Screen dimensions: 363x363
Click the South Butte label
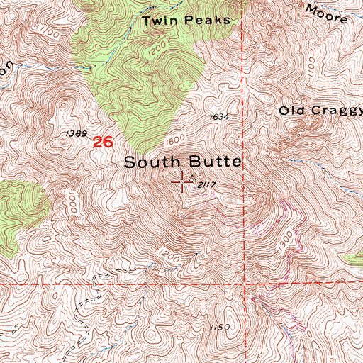click(183, 162)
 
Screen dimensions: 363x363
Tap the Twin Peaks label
click(186, 21)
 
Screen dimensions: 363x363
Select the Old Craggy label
click(320, 111)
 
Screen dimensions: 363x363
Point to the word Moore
click(327, 13)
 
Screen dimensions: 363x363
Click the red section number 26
click(104, 142)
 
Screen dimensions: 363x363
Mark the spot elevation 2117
click(206, 186)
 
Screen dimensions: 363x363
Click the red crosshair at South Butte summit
click(182, 182)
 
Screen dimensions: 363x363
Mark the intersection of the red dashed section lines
click(245, 284)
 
